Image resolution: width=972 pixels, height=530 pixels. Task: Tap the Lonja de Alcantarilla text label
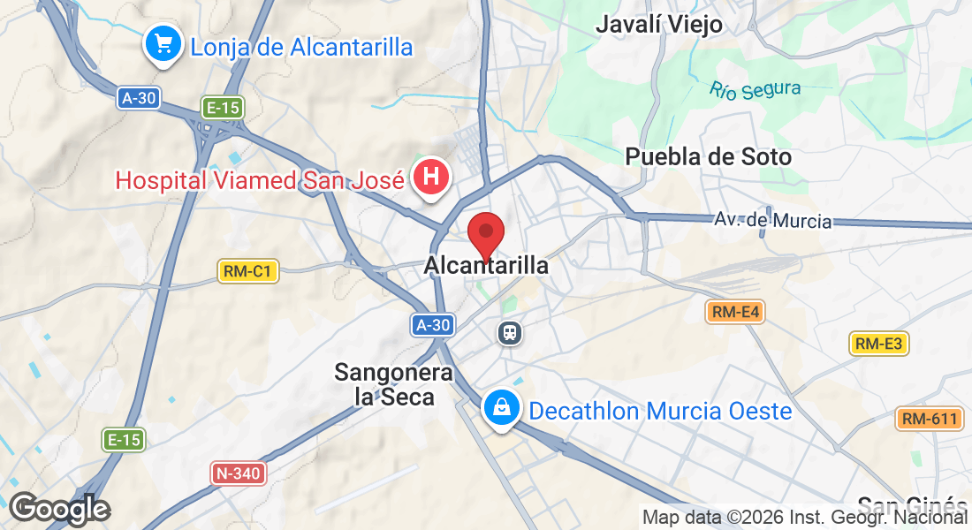tap(301, 47)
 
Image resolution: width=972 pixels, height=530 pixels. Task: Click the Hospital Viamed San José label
tap(260, 180)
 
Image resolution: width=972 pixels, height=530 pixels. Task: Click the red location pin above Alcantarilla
tap(485, 234)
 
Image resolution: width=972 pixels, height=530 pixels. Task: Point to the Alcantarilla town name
tap(486, 265)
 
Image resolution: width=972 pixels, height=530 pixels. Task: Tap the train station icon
tap(510, 332)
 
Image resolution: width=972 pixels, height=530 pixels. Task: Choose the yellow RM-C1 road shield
tap(248, 271)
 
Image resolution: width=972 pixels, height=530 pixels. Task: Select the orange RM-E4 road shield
tap(734, 311)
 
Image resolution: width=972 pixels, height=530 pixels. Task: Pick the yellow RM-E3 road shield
tap(879, 344)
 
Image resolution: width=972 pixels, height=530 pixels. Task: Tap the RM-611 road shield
tap(929, 419)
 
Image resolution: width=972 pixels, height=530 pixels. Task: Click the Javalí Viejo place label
tap(659, 25)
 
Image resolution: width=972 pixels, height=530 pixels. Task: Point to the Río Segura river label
tap(755, 89)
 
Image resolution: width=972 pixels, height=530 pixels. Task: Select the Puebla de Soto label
tap(708, 157)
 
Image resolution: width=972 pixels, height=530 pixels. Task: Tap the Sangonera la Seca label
tap(393, 385)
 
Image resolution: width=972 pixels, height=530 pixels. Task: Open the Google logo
tap(59, 509)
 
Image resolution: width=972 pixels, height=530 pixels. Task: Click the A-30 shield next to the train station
tap(433, 325)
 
